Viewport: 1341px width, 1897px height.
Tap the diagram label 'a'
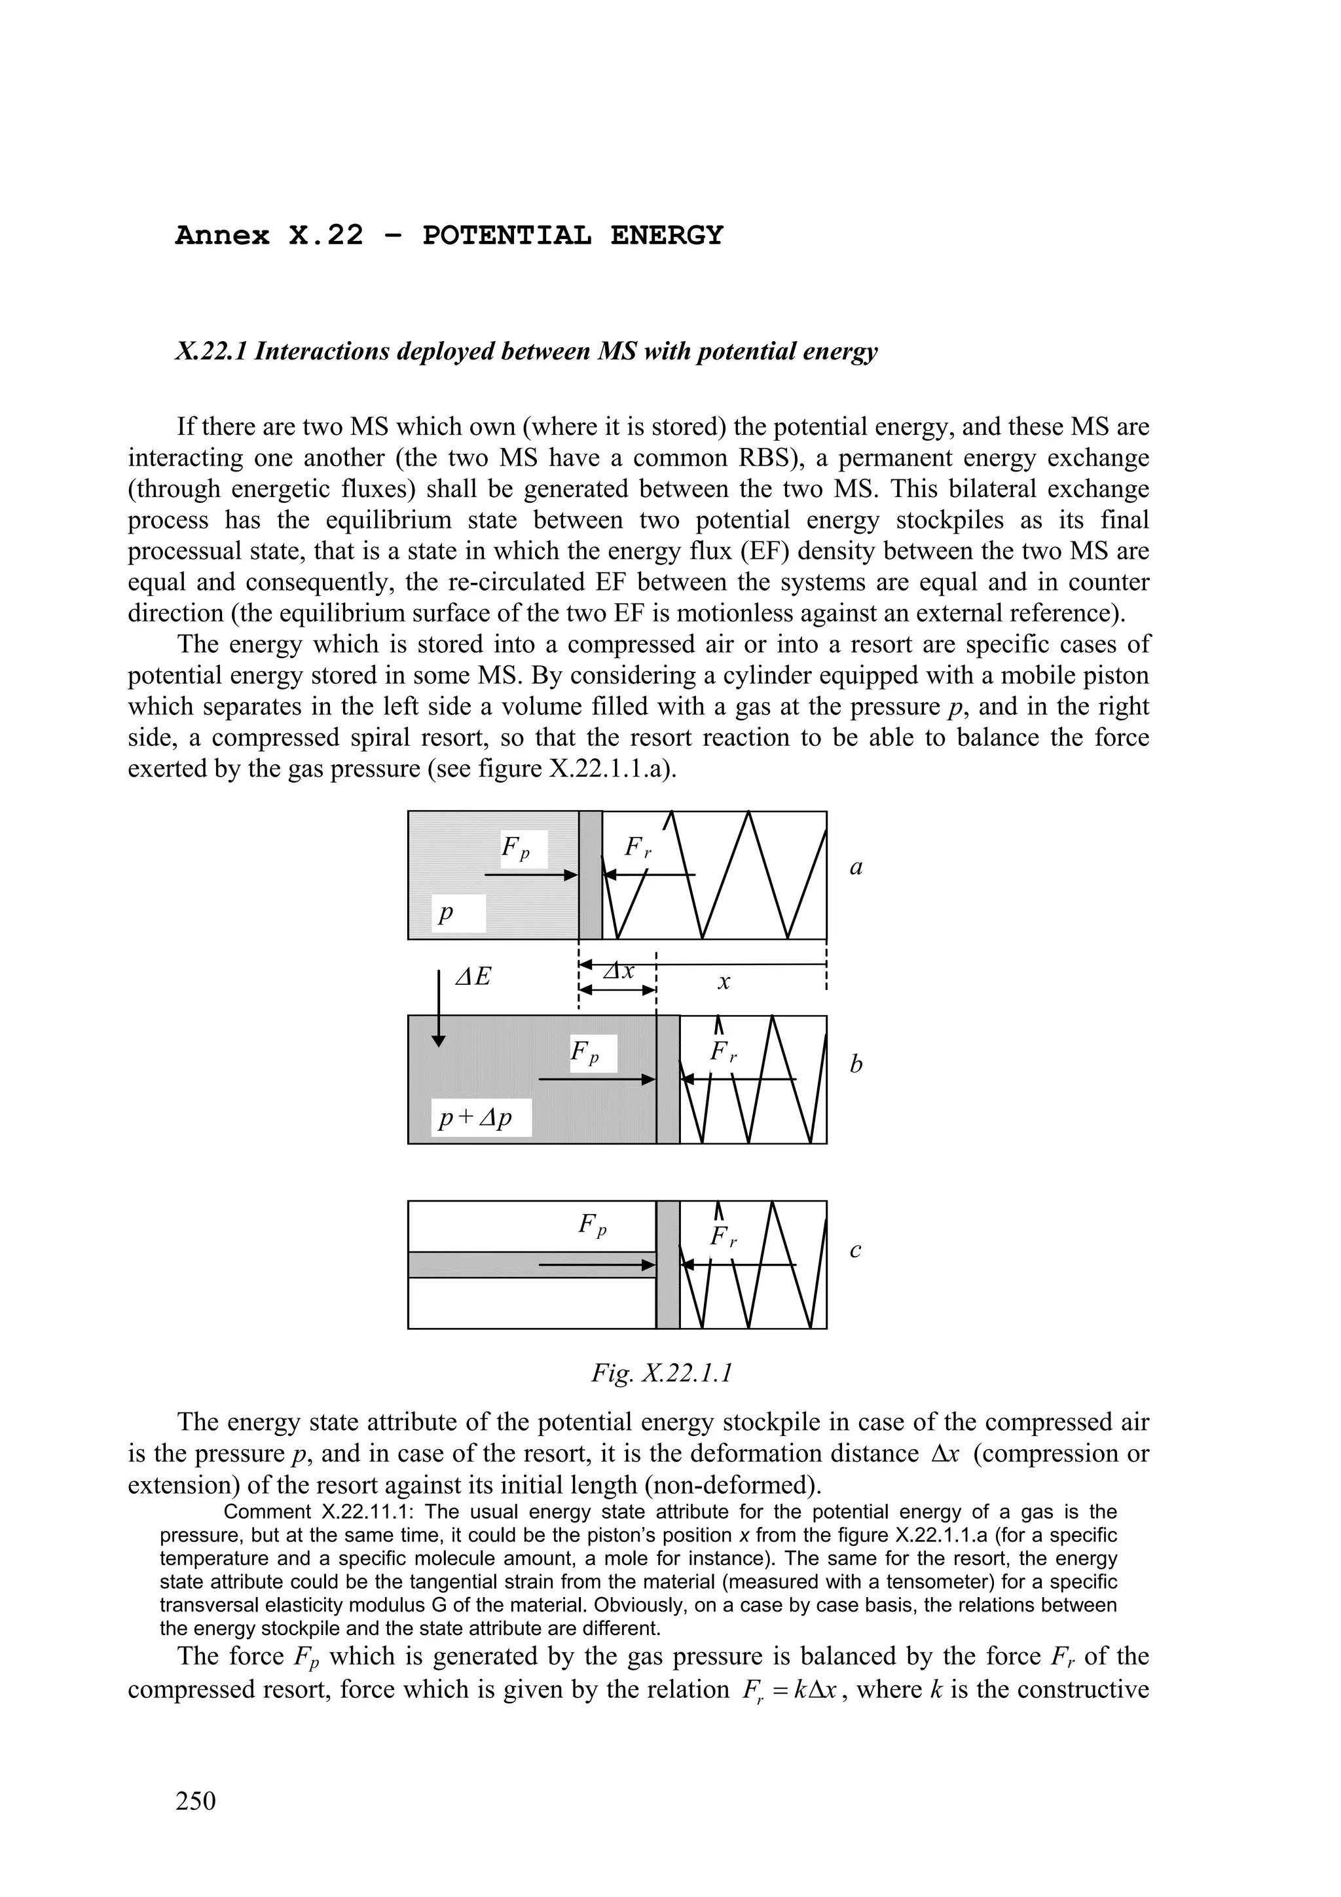pyautogui.click(x=856, y=868)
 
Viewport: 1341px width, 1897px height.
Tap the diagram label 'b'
pyautogui.click(x=856, y=1064)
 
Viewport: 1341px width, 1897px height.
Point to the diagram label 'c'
pyautogui.click(x=855, y=1251)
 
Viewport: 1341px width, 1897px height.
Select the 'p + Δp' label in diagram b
pyautogui.click(x=476, y=1117)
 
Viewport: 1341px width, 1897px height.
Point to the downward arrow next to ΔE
pyautogui.click(x=439, y=1008)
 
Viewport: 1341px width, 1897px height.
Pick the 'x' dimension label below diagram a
pyautogui.click(x=724, y=982)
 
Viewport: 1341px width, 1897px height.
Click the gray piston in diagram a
pyautogui.click(x=590, y=875)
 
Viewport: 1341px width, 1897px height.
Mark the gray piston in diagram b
pyautogui.click(x=668, y=1079)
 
